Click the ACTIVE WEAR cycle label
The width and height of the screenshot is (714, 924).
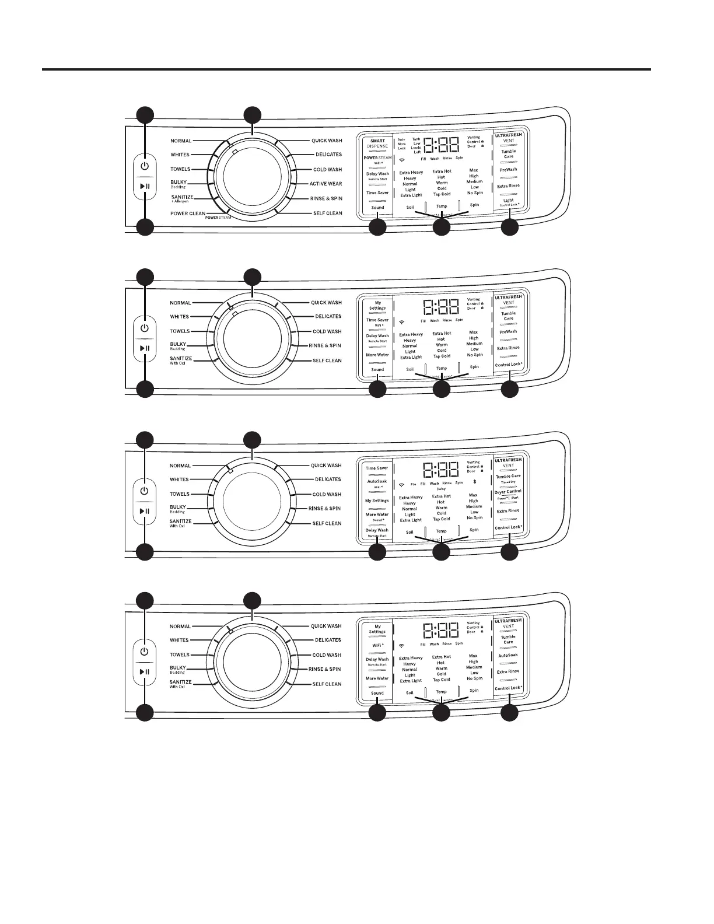click(x=325, y=184)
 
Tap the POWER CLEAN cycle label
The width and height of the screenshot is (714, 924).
click(x=188, y=213)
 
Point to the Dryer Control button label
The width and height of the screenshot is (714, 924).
click(x=508, y=492)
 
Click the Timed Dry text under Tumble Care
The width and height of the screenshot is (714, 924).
click(x=508, y=482)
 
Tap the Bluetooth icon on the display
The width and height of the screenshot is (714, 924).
click(x=474, y=482)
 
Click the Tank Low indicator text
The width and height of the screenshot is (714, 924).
click(x=416, y=141)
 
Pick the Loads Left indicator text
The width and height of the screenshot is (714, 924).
click(x=416, y=150)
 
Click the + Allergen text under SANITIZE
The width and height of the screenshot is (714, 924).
click(x=180, y=201)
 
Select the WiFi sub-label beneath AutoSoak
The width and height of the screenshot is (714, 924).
click(x=377, y=487)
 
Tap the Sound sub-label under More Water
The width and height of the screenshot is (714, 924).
click(x=377, y=520)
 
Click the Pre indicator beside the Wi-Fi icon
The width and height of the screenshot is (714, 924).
click(x=413, y=484)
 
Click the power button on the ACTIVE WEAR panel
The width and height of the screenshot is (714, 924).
click(x=145, y=166)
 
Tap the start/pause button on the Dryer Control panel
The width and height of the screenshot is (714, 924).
click(x=145, y=511)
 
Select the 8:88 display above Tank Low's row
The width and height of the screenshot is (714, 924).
click(x=440, y=145)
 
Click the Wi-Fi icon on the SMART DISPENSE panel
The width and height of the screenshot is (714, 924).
click(x=402, y=159)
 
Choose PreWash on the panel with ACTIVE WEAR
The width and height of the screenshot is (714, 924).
click(x=508, y=170)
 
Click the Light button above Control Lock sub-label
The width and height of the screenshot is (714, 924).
click(x=509, y=200)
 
